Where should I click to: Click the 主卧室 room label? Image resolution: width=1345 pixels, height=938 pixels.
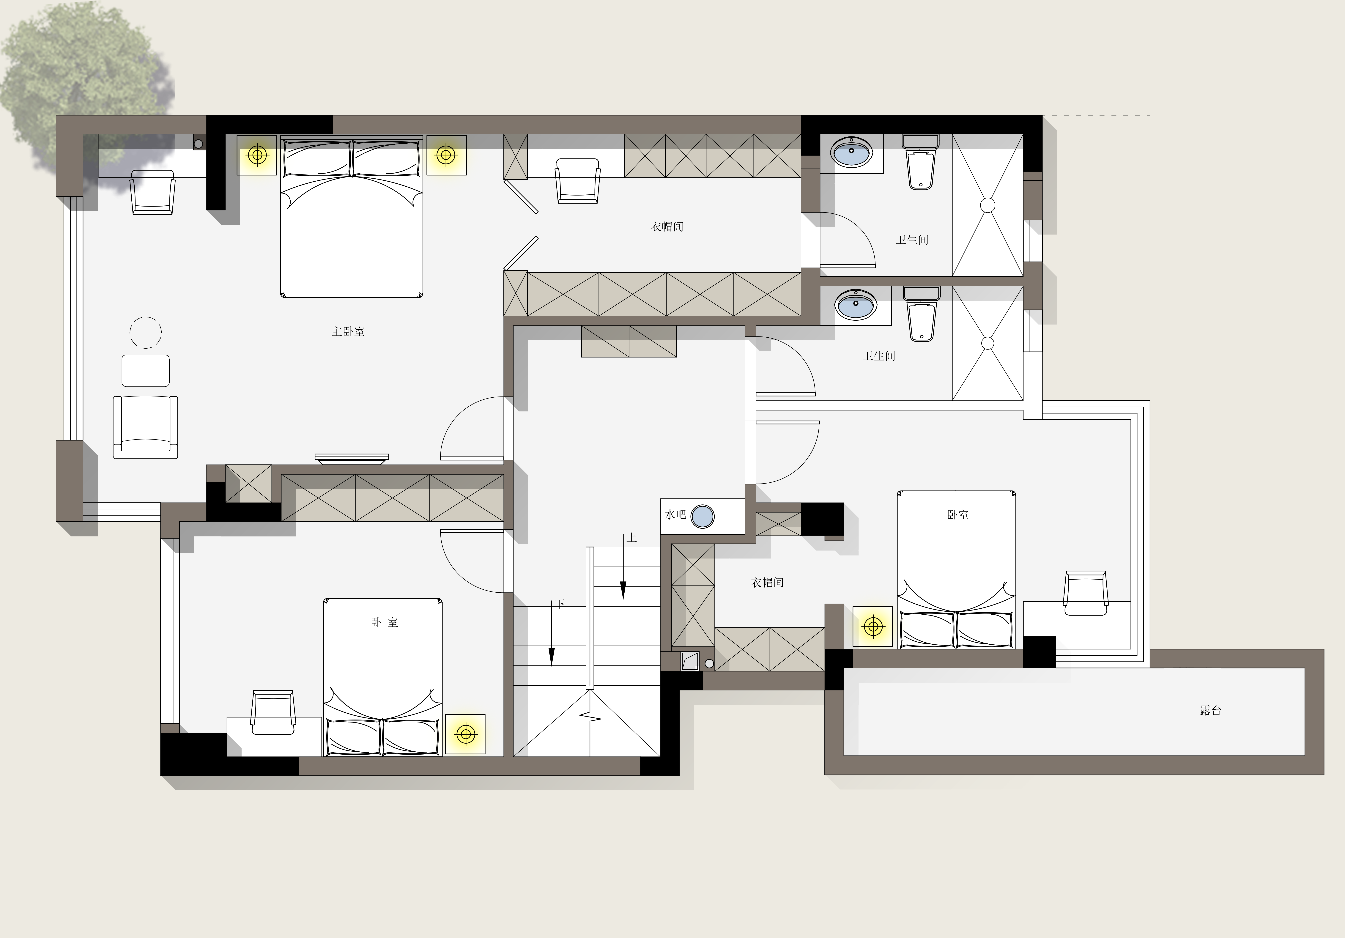pyautogui.click(x=348, y=332)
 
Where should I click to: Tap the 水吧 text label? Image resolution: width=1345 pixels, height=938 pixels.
pyautogui.click(x=675, y=514)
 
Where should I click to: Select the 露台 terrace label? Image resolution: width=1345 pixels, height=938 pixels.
pyautogui.click(x=1210, y=711)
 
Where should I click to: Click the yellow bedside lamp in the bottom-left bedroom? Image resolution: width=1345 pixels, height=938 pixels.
pyautogui.click(x=466, y=734)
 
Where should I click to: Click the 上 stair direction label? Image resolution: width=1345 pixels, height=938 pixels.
pyautogui.click(x=631, y=538)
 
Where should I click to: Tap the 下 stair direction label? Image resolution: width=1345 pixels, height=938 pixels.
pyautogui.click(x=560, y=603)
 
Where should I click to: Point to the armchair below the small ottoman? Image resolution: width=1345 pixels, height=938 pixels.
pyautogui.click(x=145, y=426)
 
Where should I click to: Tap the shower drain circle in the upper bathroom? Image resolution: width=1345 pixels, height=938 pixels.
pyautogui.click(x=988, y=205)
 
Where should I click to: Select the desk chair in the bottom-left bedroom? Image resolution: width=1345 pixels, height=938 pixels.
pyautogui.click(x=273, y=712)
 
